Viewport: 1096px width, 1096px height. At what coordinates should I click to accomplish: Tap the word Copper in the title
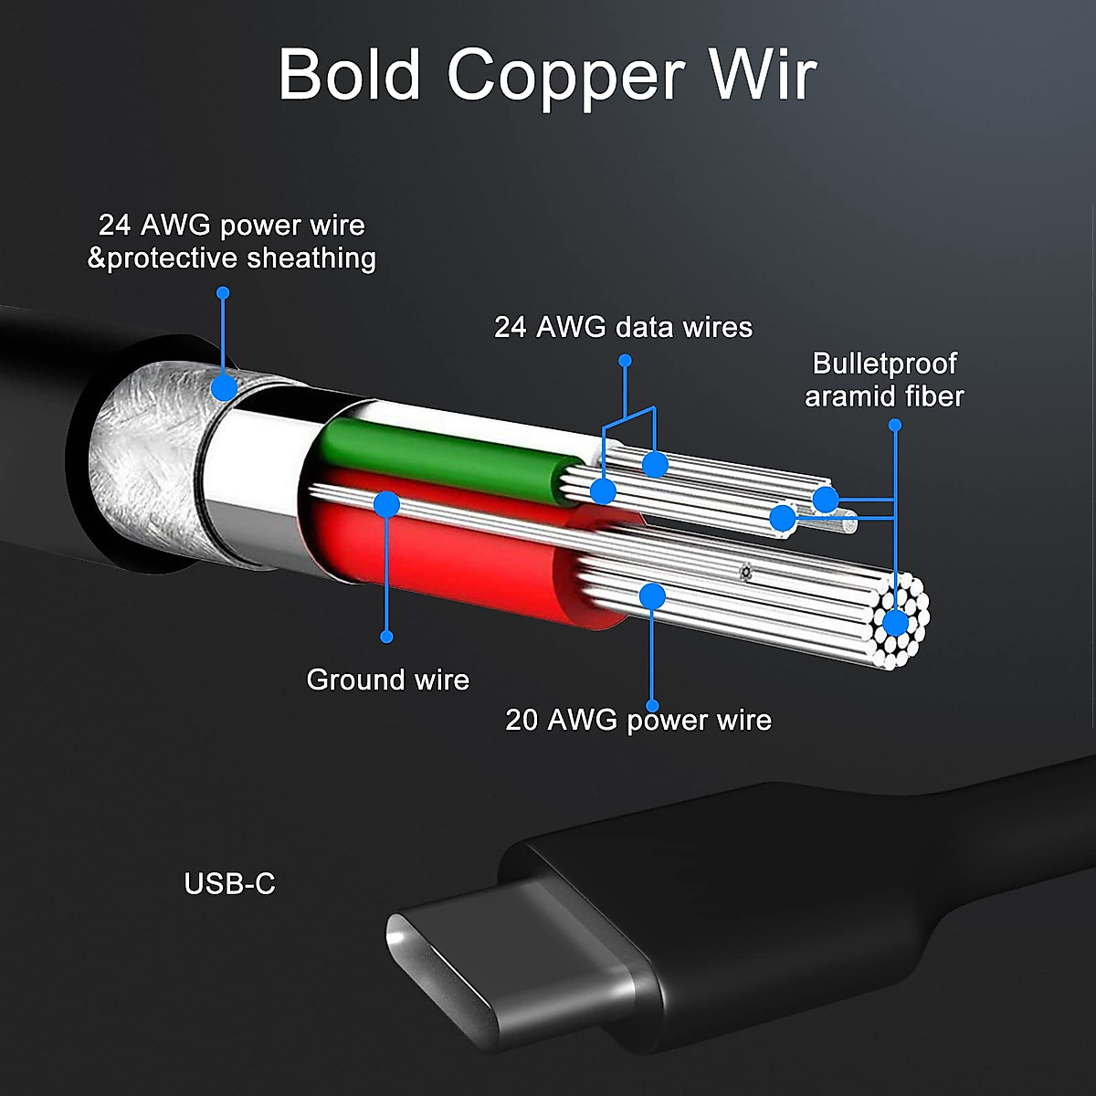coord(565,78)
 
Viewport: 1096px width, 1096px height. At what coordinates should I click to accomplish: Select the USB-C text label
coord(229,884)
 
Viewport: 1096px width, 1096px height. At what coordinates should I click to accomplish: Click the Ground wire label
coord(387,680)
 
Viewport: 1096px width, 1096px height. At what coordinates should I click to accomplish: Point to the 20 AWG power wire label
coord(638,720)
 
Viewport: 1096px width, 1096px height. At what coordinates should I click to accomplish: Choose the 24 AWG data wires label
coord(623,327)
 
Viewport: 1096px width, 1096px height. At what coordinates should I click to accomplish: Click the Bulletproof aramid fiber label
coord(884,379)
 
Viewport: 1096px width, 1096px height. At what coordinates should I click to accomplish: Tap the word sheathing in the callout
coord(311,258)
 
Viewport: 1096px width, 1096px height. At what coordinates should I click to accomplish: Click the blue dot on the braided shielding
coord(224,387)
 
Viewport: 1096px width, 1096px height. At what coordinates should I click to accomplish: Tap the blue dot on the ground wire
coord(387,504)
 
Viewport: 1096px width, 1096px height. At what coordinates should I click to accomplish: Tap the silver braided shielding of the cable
coord(146,448)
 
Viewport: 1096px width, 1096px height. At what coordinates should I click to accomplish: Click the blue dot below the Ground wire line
coord(386,637)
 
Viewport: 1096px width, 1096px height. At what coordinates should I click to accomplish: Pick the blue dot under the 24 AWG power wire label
coord(223,292)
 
